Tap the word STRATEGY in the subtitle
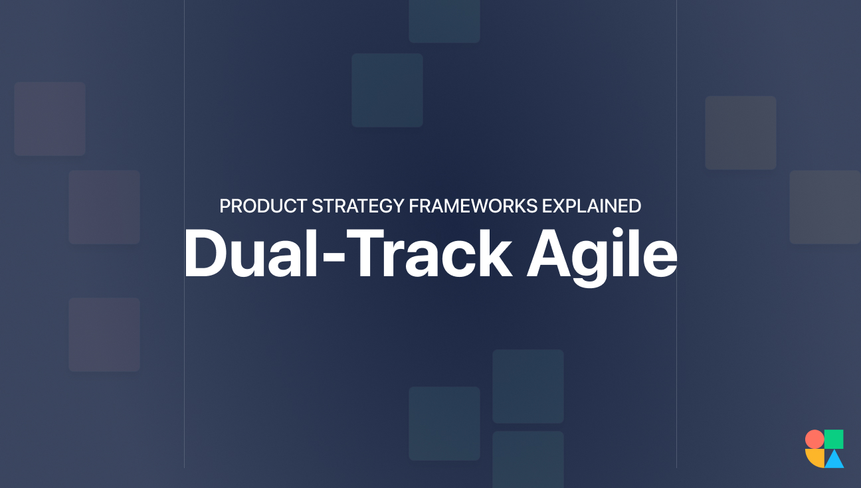[x=357, y=206]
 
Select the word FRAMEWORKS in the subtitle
[x=473, y=206]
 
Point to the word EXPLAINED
[x=591, y=206]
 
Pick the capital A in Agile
[x=550, y=254]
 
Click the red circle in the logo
[x=814, y=439]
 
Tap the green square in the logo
[x=834, y=439]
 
